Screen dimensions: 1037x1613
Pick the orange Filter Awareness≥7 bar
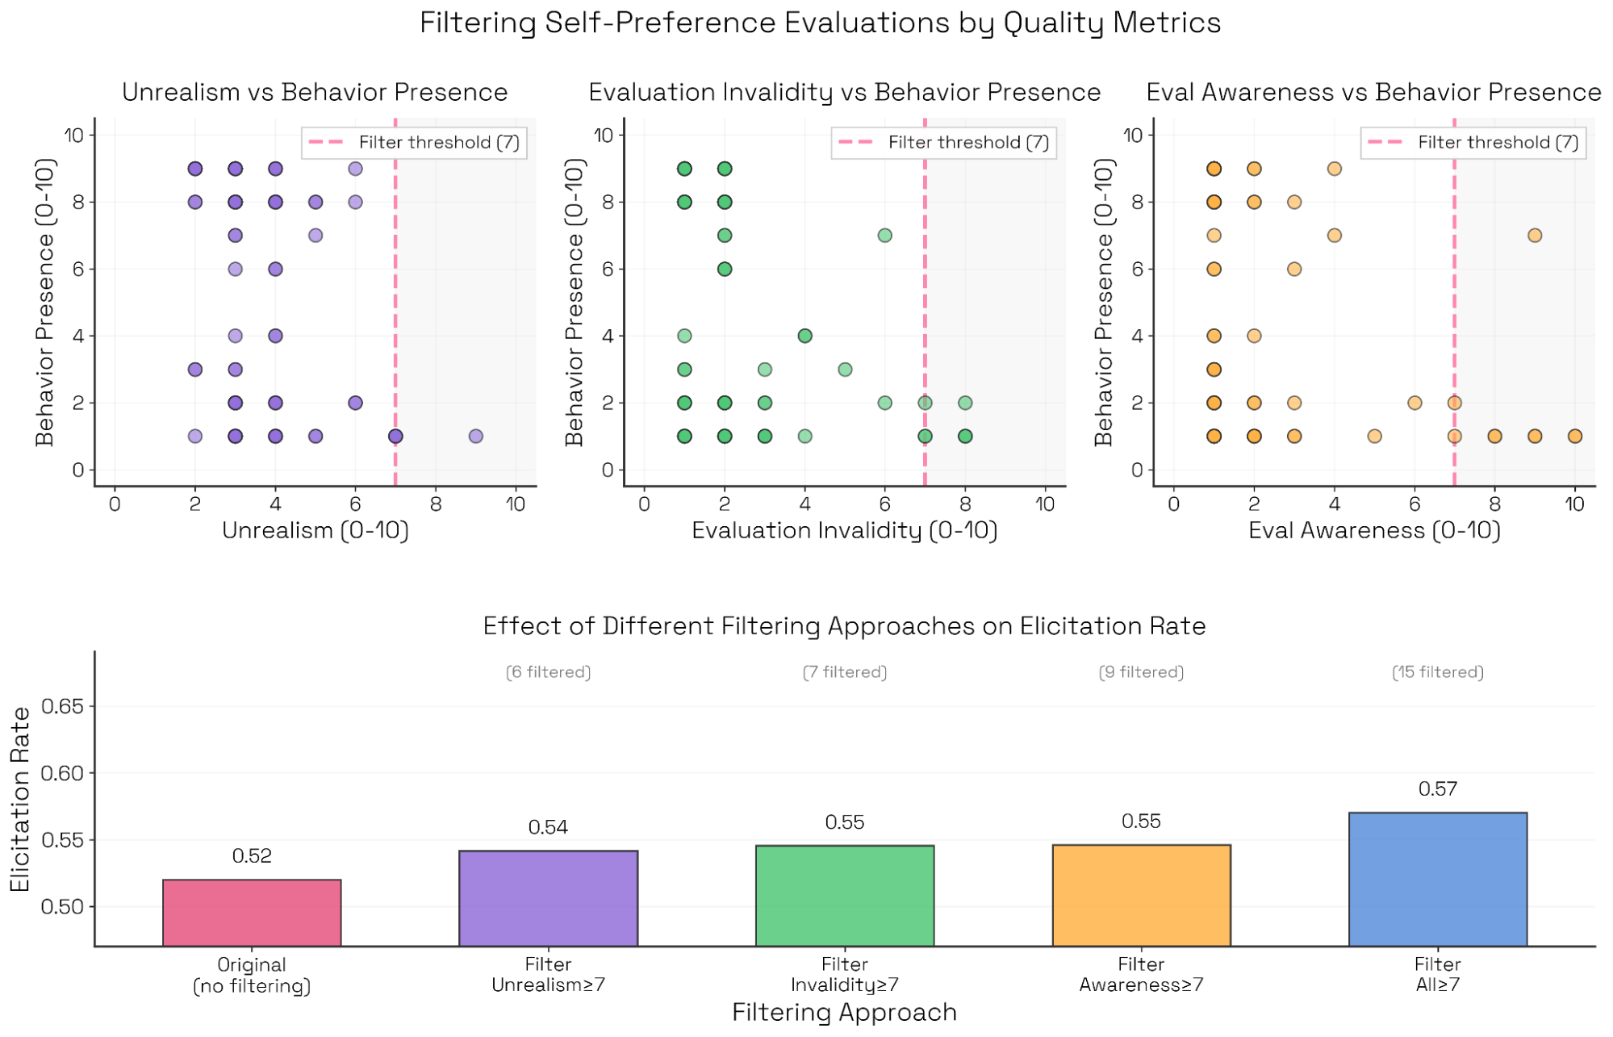click(1141, 895)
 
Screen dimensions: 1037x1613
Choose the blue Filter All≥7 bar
click(1437, 879)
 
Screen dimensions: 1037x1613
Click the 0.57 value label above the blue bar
click(1437, 788)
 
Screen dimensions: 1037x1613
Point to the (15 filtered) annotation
click(1437, 672)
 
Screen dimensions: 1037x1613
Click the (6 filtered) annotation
click(548, 672)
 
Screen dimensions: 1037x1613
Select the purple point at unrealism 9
click(475, 436)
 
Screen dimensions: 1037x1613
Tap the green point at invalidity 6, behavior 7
click(884, 235)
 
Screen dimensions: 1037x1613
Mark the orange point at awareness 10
click(1574, 436)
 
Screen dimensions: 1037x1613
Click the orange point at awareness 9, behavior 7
click(1534, 235)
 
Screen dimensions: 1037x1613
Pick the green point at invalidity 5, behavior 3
click(845, 369)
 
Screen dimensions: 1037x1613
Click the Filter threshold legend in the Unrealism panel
click(414, 143)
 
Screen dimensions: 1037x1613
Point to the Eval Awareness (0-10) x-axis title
click(1374, 530)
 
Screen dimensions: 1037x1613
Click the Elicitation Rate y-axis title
click(20, 799)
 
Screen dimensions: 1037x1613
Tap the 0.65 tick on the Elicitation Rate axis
click(62, 706)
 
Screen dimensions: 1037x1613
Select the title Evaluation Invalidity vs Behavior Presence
click(844, 92)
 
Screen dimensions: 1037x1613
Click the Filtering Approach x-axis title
click(844, 1012)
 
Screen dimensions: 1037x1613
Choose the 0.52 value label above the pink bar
click(252, 855)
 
